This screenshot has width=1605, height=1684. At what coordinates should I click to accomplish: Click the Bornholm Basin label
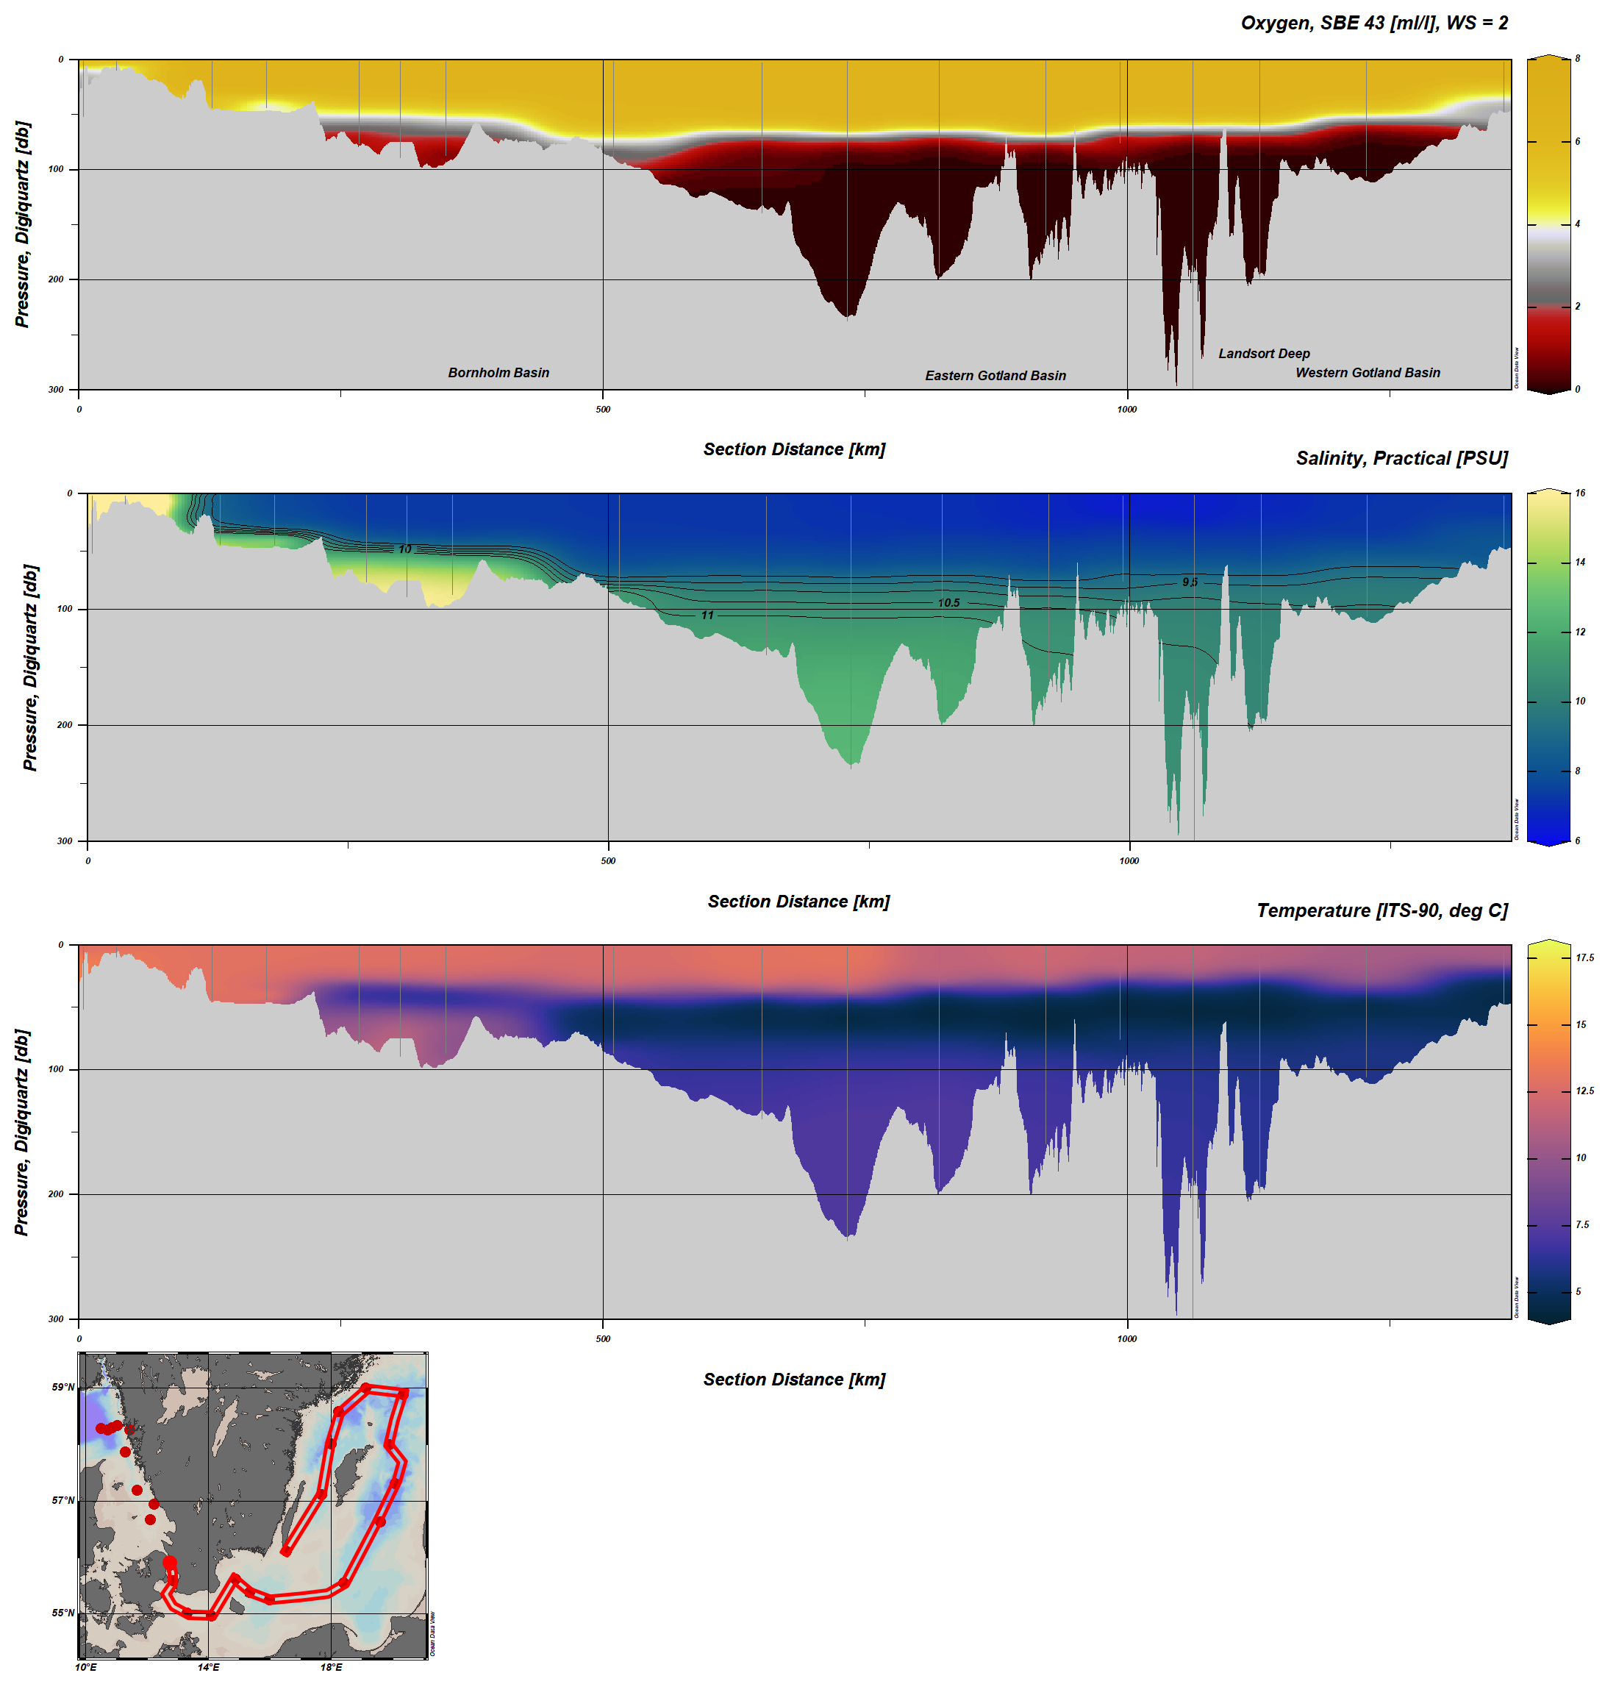pyautogui.click(x=498, y=372)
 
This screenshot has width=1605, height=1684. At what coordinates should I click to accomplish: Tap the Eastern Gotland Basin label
pyautogui.click(x=995, y=376)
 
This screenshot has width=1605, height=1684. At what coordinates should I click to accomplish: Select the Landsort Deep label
pyautogui.click(x=1264, y=354)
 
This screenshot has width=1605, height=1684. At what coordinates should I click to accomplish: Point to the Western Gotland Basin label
pyautogui.click(x=1368, y=372)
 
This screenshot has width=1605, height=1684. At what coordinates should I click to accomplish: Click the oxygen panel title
pyautogui.click(x=1374, y=23)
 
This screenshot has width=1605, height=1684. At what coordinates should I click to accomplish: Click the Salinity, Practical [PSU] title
pyautogui.click(x=1401, y=459)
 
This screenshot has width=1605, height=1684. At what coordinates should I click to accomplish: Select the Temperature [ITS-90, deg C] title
pyautogui.click(x=1381, y=910)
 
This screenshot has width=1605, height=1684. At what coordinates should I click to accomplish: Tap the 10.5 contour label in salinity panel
pyautogui.click(x=948, y=603)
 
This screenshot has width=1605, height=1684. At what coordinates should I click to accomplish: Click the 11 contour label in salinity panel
pyautogui.click(x=707, y=616)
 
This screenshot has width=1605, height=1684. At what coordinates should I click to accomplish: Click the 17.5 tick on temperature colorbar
pyautogui.click(x=1584, y=957)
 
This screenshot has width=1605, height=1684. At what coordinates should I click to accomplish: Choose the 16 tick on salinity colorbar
pyautogui.click(x=1579, y=493)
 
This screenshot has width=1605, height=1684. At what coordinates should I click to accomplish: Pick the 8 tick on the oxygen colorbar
pyautogui.click(x=1578, y=59)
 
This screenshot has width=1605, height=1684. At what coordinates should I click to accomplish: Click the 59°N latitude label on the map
pyautogui.click(x=63, y=1387)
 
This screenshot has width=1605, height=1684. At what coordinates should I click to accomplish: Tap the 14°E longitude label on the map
pyautogui.click(x=208, y=1667)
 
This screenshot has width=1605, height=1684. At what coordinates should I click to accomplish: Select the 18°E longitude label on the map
pyautogui.click(x=331, y=1667)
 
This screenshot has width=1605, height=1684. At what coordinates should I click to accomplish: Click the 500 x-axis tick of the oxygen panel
pyautogui.click(x=603, y=409)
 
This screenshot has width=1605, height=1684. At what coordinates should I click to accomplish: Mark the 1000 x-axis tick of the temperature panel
pyautogui.click(x=1127, y=1338)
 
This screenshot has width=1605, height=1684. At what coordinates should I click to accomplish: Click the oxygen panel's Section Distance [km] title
pyautogui.click(x=794, y=449)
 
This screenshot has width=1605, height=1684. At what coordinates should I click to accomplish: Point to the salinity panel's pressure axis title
pyautogui.click(x=30, y=668)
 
